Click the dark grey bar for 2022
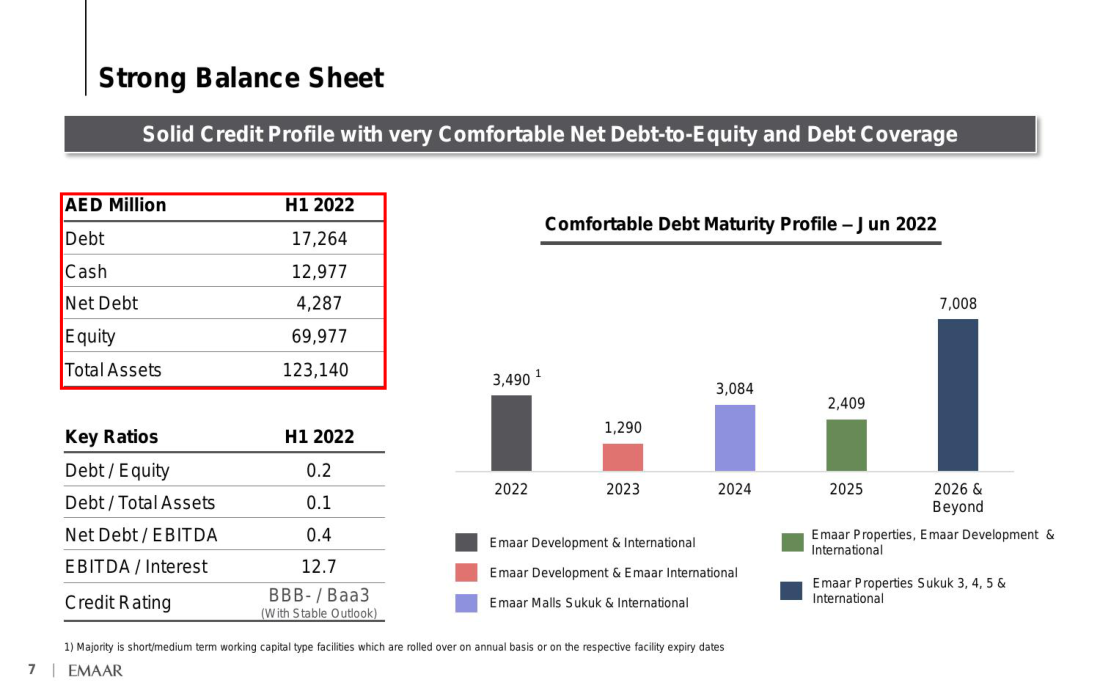511,433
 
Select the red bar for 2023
623,457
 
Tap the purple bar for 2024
735,438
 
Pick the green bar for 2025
846,445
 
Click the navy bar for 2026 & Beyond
958,395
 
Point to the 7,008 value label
958,304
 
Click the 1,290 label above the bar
623,428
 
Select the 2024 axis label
735,489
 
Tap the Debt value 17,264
319,239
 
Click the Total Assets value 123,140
316,370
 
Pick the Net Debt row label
102,303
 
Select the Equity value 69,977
319,336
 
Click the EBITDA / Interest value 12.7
318,567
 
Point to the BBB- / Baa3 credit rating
318,595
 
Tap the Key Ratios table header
112,437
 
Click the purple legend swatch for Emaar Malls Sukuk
467,603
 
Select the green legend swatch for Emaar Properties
793,542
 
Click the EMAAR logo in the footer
95,670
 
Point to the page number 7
32,669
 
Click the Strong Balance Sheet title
241,78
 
